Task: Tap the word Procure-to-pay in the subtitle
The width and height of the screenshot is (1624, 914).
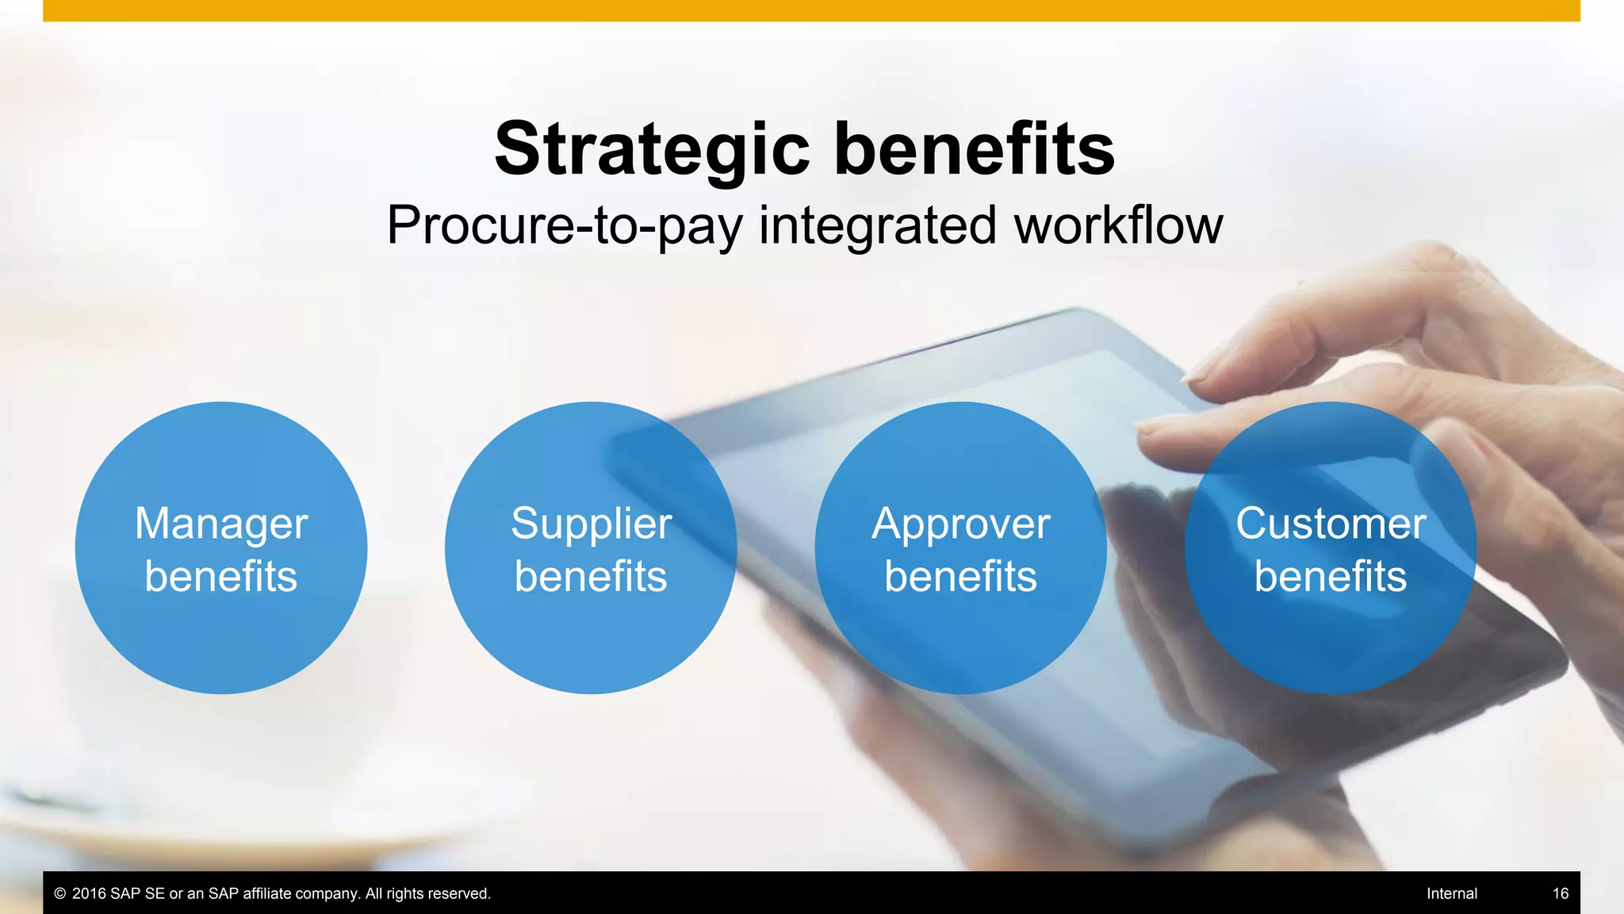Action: pyautogui.click(x=564, y=226)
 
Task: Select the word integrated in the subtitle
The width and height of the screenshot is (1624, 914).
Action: pyautogui.click(x=877, y=226)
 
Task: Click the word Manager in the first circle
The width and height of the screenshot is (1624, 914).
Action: pyautogui.click(x=221, y=524)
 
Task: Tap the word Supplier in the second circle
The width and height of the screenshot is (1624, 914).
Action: pyautogui.click(x=591, y=524)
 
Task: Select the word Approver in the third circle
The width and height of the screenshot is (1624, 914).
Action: pyautogui.click(x=961, y=524)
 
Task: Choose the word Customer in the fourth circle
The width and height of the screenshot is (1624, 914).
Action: pyautogui.click(x=1331, y=524)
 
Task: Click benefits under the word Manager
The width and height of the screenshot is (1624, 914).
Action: pyautogui.click(x=221, y=577)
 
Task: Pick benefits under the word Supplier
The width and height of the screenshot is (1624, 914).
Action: pyautogui.click(x=591, y=577)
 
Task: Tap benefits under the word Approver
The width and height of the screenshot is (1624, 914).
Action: pyautogui.click(x=961, y=577)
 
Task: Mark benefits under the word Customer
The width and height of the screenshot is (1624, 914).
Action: pyautogui.click(x=1331, y=577)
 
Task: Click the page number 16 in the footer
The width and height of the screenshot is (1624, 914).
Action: pyautogui.click(x=1560, y=893)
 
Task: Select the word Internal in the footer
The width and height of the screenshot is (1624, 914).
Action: pyautogui.click(x=1451, y=893)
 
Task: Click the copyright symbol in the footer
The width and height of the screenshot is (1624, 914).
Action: pyautogui.click(x=59, y=893)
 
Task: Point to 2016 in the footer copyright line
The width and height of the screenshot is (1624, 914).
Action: pyautogui.click(x=89, y=893)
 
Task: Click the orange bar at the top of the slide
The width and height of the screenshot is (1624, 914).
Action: pyautogui.click(x=811, y=10)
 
